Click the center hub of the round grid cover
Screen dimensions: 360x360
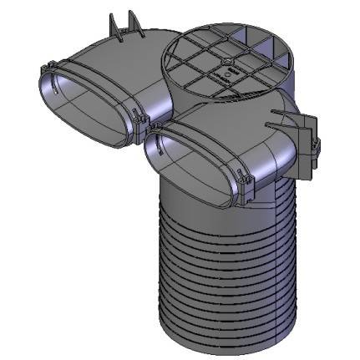click(228, 62)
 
